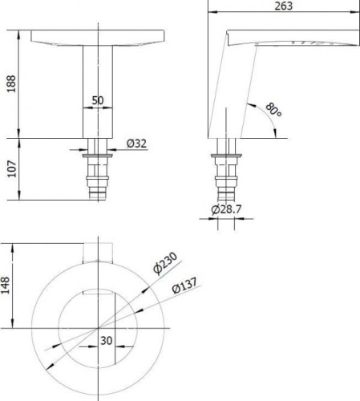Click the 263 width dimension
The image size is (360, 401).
coord(284,6)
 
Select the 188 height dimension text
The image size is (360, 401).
coord(11,83)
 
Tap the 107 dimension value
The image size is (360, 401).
coord(12,168)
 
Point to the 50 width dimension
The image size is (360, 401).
coord(98,100)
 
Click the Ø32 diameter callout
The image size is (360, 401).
coord(136,144)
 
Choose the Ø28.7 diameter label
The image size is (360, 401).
coord(226,209)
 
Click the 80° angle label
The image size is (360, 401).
coord(273,110)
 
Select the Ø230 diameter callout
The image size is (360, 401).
coord(165,263)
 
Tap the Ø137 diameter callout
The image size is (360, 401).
coord(184,286)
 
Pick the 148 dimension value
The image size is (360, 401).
coord(6,286)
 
